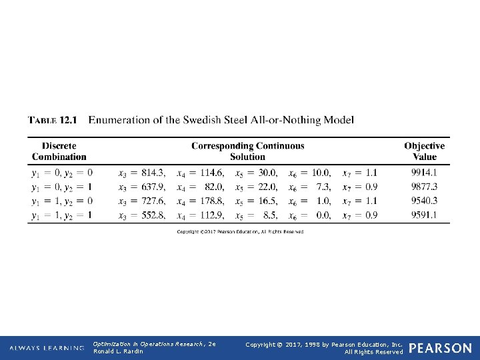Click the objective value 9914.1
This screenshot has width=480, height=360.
pyautogui.click(x=424, y=173)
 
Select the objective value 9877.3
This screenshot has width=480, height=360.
pyautogui.click(x=424, y=187)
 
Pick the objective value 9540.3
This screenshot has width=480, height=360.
pyautogui.click(x=424, y=201)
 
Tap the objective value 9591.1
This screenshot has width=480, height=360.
pyautogui.click(x=424, y=215)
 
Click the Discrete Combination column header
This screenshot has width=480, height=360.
pyautogui.click(x=59, y=151)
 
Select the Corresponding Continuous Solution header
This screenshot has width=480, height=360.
pyautogui.click(x=247, y=151)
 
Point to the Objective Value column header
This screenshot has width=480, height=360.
pyautogui.click(x=424, y=151)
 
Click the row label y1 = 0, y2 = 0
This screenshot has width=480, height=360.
pyautogui.click(x=62, y=173)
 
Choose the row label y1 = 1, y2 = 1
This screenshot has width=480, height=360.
pyautogui.click(x=62, y=215)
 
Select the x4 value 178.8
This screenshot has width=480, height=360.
pyautogui.click(x=211, y=201)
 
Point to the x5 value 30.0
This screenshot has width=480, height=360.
pyautogui.click(x=265, y=173)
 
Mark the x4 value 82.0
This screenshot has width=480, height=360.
pyautogui.click(x=214, y=187)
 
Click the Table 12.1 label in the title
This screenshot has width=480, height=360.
pyautogui.click(x=53, y=121)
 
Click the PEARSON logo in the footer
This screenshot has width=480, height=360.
pyautogui.click(x=440, y=348)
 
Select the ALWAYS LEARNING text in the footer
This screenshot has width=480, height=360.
pyautogui.click(x=47, y=348)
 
